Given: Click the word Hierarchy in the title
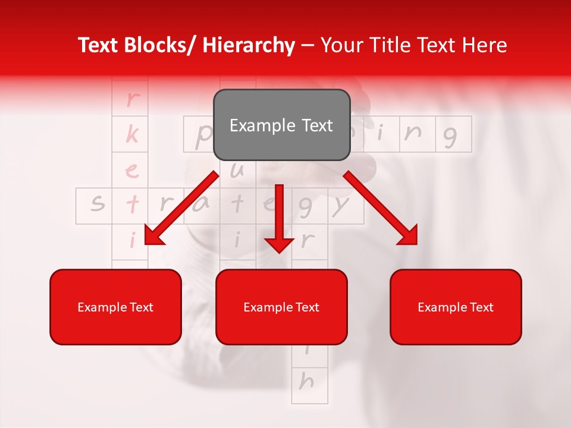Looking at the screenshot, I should pos(249,46).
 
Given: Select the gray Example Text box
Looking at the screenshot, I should pos(281,125).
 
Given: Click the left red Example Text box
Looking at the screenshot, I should pos(115,307).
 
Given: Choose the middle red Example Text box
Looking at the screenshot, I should pos(281,307).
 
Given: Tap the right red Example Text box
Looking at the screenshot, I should pos(456,307).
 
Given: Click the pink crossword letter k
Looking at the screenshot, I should pos(131,135).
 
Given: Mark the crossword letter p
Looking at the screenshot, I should pos(202,136).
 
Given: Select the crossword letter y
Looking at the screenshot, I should pos(340,205).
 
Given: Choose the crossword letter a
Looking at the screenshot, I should pos(202,205).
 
